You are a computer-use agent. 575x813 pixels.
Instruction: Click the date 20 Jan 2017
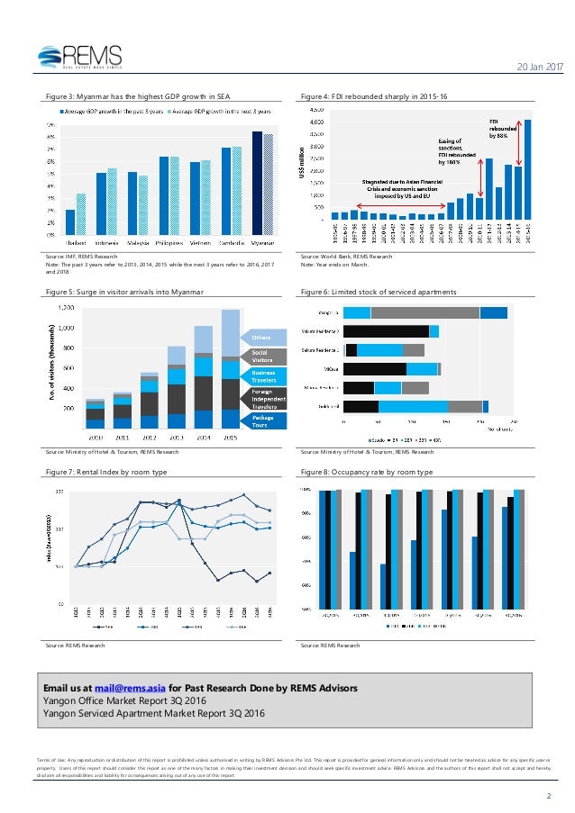pos(536,68)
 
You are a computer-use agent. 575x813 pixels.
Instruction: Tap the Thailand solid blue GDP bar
pos(70,222)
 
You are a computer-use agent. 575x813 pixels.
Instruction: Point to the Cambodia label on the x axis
pos(231,243)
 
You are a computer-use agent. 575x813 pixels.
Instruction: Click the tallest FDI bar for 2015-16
pos(527,169)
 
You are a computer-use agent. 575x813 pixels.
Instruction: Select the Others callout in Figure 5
pos(248,337)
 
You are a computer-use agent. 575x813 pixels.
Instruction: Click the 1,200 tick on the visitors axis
pos(66,308)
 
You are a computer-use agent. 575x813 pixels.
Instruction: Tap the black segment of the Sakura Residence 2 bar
pos(386,331)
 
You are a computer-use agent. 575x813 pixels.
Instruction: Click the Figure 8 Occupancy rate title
pos(367,472)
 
